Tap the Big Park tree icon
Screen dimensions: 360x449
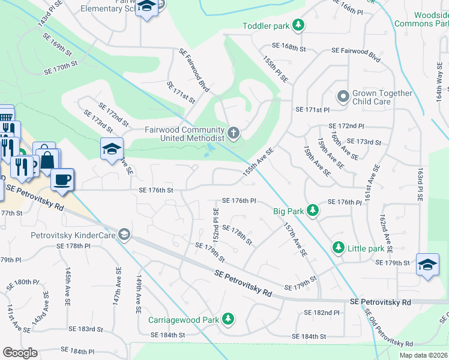[312, 210]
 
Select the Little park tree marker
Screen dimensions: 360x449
[339, 247]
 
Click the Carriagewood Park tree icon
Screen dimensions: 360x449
[228, 320]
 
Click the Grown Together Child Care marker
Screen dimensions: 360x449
[343, 97]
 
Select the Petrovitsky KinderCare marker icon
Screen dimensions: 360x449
[124, 233]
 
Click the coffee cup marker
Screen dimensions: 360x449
[62, 179]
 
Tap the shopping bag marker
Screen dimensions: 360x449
[46, 160]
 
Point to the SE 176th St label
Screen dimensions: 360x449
[155, 190]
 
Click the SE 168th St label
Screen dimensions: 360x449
[289, 46]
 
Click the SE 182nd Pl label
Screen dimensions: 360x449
[321, 313]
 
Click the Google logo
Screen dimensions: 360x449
[20, 353]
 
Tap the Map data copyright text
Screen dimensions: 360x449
[423, 355]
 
